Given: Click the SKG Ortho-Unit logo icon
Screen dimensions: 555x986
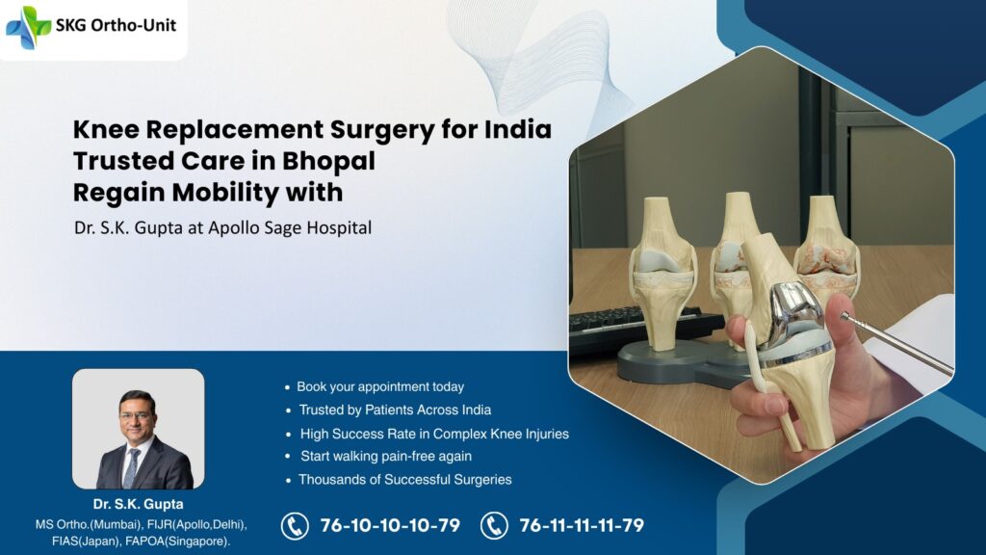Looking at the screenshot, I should (x=28, y=27).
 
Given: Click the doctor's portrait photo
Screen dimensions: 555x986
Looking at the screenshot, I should (x=138, y=429).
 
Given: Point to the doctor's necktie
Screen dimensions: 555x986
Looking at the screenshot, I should (x=132, y=467).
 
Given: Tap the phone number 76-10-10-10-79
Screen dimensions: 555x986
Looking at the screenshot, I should (x=390, y=526).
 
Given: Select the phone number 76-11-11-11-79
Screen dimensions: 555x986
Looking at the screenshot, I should (x=581, y=526).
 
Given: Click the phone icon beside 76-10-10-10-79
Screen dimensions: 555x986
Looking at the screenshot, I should (x=295, y=526).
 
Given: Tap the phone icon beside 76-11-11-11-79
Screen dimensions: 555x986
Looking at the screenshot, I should (x=494, y=526).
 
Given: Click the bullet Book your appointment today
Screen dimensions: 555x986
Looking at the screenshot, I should (x=379, y=386).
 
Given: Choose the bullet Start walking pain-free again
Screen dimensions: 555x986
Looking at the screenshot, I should (x=385, y=456).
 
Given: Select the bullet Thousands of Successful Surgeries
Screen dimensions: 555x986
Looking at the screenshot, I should (x=404, y=479).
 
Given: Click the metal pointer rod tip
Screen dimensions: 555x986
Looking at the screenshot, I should (x=845, y=316).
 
